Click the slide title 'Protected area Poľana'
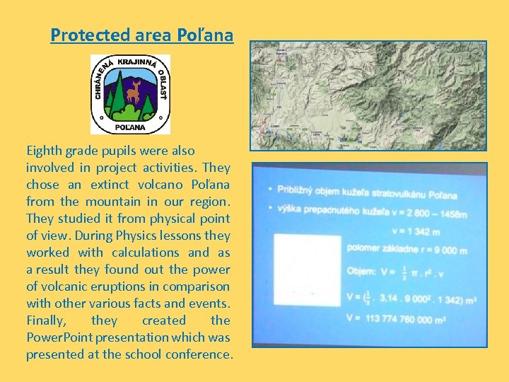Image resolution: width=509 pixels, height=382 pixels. click(141, 35)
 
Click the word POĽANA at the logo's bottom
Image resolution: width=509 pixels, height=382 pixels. click(130, 127)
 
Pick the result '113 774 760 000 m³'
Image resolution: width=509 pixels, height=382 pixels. click(416, 319)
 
